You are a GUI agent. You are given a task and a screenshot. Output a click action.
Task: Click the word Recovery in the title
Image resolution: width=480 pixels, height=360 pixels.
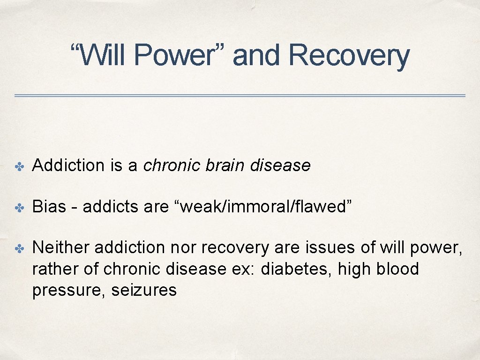click(349, 56)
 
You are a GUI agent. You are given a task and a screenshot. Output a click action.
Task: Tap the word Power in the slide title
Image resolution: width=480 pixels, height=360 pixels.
click(174, 56)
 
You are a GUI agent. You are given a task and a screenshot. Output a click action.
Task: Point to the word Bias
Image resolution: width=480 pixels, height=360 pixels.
click(49, 207)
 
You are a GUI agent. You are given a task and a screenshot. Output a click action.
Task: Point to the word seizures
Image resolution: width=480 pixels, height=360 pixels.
click(144, 291)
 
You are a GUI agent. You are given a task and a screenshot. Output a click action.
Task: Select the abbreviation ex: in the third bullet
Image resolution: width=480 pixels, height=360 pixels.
click(246, 269)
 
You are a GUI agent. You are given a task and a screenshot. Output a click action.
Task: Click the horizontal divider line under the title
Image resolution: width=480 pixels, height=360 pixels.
click(240, 96)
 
